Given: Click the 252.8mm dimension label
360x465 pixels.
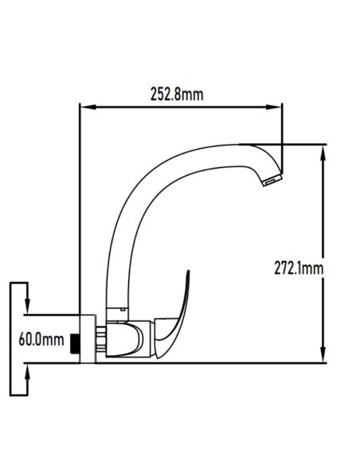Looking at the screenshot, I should pyautogui.click(x=176, y=95).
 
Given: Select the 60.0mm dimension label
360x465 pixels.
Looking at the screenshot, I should pyautogui.click(x=41, y=340).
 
